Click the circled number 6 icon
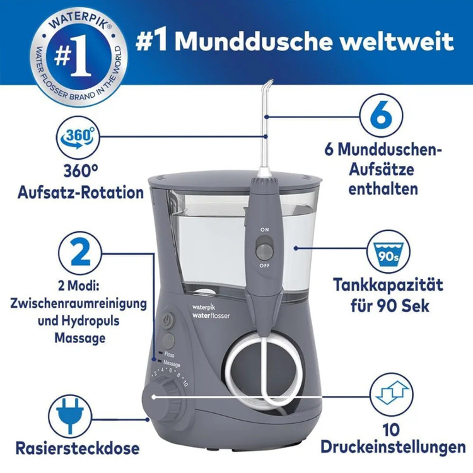pos(382,115)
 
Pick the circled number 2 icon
pos(79,253)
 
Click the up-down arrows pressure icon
pos(392,395)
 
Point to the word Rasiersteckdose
pos(78,448)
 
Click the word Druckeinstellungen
pos(393,447)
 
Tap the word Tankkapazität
pos(388,285)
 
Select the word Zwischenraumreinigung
pos(78,304)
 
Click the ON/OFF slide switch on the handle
pos(264,248)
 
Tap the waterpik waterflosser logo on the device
pos(211,312)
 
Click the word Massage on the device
pos(172,364)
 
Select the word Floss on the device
pos(169,354)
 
